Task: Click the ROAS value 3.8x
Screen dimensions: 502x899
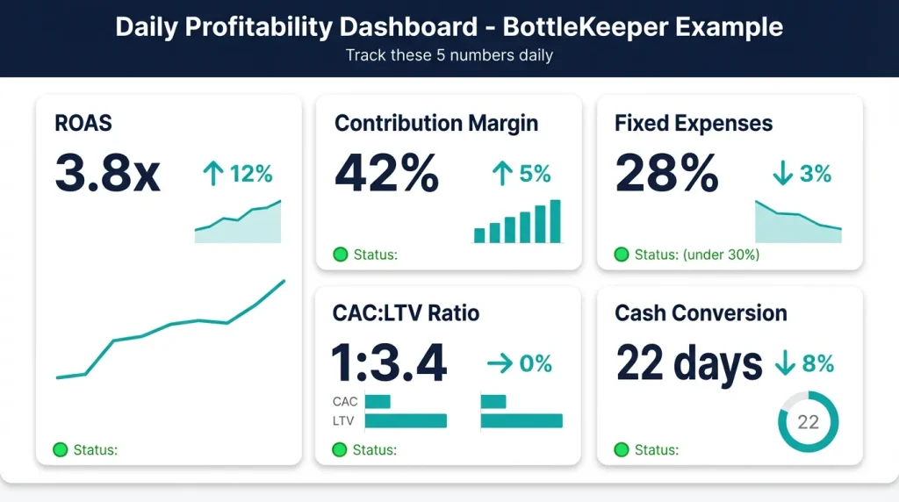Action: [107, 173]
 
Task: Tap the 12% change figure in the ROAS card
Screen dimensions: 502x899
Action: [250, 174]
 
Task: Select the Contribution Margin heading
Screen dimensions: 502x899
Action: [435, 123]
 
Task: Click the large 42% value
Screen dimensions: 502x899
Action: [386, 173]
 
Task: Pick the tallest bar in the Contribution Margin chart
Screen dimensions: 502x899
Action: [555, 221]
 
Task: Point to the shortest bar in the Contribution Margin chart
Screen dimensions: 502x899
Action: [479, 235]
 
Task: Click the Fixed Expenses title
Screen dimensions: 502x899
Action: [694, 123]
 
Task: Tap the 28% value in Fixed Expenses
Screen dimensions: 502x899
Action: [666, 173]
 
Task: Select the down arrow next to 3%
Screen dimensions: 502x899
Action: [781, 174]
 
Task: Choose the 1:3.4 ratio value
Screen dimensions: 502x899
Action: [389, 362]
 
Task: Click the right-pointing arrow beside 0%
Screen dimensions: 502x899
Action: [499, 363]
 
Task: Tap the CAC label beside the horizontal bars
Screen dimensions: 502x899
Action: [345, 402]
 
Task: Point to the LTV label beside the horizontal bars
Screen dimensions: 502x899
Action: [344, 421]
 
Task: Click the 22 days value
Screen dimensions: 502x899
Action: [689, 362]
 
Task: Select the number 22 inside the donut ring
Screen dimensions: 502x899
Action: [808, 422]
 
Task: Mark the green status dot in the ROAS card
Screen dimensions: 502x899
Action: [61, 450]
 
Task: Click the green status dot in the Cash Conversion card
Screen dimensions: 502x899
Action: [622, 450]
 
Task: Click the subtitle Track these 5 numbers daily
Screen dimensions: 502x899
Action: [449, 55]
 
